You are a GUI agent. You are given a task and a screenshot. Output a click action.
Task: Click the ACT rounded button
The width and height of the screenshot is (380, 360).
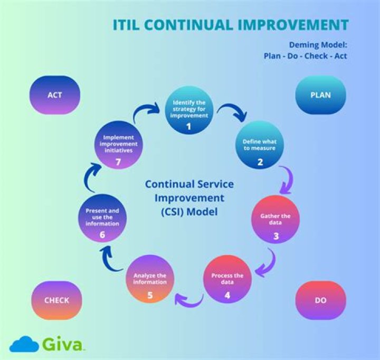tap(55, 95)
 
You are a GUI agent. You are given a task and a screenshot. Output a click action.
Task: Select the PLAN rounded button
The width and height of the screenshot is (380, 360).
tap(321, 95)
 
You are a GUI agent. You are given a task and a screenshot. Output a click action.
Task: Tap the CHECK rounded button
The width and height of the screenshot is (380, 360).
tap(56, 300)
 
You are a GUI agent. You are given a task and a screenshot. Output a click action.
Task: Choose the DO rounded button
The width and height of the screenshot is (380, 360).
tap(321, 300)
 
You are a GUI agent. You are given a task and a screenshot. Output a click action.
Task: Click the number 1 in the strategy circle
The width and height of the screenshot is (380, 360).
tap(189, 126)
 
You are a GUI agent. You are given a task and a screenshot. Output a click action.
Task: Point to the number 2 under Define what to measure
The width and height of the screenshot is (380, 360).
tap(260, 162)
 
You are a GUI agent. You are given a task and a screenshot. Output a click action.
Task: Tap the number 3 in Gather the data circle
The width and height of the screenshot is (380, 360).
tap(276, 236)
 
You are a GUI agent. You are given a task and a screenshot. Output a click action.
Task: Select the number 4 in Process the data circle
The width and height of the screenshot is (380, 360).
tap(227, 295)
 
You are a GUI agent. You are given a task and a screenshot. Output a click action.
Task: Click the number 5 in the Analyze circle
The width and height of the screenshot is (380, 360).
tap(150, 295)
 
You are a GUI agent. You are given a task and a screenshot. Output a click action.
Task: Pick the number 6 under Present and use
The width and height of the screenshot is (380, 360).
tap(102, 235)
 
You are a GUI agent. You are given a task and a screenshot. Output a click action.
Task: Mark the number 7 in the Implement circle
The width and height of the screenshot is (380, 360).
tap(118, 162)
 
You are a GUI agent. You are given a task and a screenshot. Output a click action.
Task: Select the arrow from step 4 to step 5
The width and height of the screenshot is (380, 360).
tap(189, 300)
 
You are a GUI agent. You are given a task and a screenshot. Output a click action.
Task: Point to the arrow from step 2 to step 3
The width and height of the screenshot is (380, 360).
tap(287, 180)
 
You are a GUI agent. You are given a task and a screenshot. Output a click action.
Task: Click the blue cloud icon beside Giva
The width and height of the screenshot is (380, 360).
tap(24, 344)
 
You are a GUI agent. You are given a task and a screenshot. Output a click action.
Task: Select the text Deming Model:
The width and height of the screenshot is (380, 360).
tap(318, 45)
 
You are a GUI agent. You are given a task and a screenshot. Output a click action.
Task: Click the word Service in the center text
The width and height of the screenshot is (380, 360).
tap(215, 184)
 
